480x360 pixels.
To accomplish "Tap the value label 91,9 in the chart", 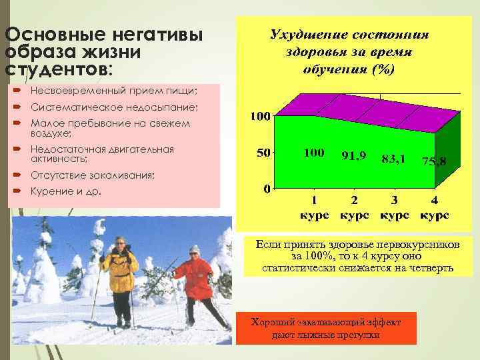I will [353, 155].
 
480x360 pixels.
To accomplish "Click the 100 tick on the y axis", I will [259, 117].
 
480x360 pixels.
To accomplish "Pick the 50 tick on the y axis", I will [263, 153].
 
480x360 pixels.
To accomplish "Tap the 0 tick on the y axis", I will [267, 189].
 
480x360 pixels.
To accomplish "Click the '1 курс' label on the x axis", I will [314, 208].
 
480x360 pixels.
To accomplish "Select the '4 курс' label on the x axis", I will [434, 208].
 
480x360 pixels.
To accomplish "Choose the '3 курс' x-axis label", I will [394, 208].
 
